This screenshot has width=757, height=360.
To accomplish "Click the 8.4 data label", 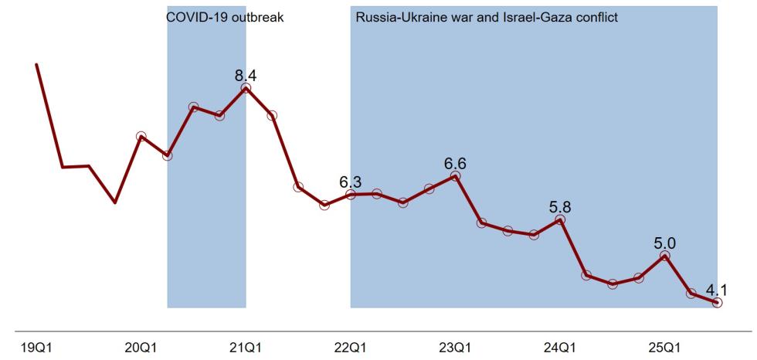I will pos(246,75).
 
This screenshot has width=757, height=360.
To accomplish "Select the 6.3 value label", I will pos(350,182).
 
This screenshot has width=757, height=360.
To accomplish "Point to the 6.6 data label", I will pos(455,163).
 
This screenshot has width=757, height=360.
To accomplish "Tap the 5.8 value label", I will pos(559,207).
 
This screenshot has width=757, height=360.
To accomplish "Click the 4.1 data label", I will pos(717,290).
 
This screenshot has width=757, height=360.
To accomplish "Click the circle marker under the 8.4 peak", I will pos(246,89).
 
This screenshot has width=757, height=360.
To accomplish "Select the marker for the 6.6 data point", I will pos(455,176).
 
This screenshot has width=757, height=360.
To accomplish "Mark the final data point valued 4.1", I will pos(717,303).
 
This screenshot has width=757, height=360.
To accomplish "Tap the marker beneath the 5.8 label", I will pos(560,220).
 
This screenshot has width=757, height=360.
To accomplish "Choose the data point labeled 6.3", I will pos(351,195).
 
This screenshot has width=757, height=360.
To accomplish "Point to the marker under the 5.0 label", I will pos(664,256).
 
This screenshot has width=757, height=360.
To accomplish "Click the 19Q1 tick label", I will pos(36,346).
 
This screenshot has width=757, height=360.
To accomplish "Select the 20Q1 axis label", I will pos(141,346).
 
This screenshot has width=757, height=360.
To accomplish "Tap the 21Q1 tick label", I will pos(246,346).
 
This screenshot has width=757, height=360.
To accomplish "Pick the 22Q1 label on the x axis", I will pos(350,346).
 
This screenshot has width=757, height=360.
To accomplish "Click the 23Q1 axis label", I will pos(455,346).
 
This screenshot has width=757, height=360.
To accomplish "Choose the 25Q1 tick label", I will pos(664,346).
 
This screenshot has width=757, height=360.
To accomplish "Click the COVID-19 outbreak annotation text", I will pos(226,17).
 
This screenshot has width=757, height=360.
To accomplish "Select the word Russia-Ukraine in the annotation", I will pos(393,17).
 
